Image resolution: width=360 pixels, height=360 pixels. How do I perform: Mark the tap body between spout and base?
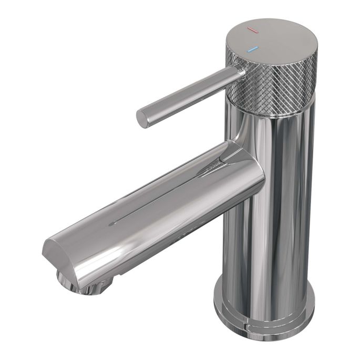click(268, 247)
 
